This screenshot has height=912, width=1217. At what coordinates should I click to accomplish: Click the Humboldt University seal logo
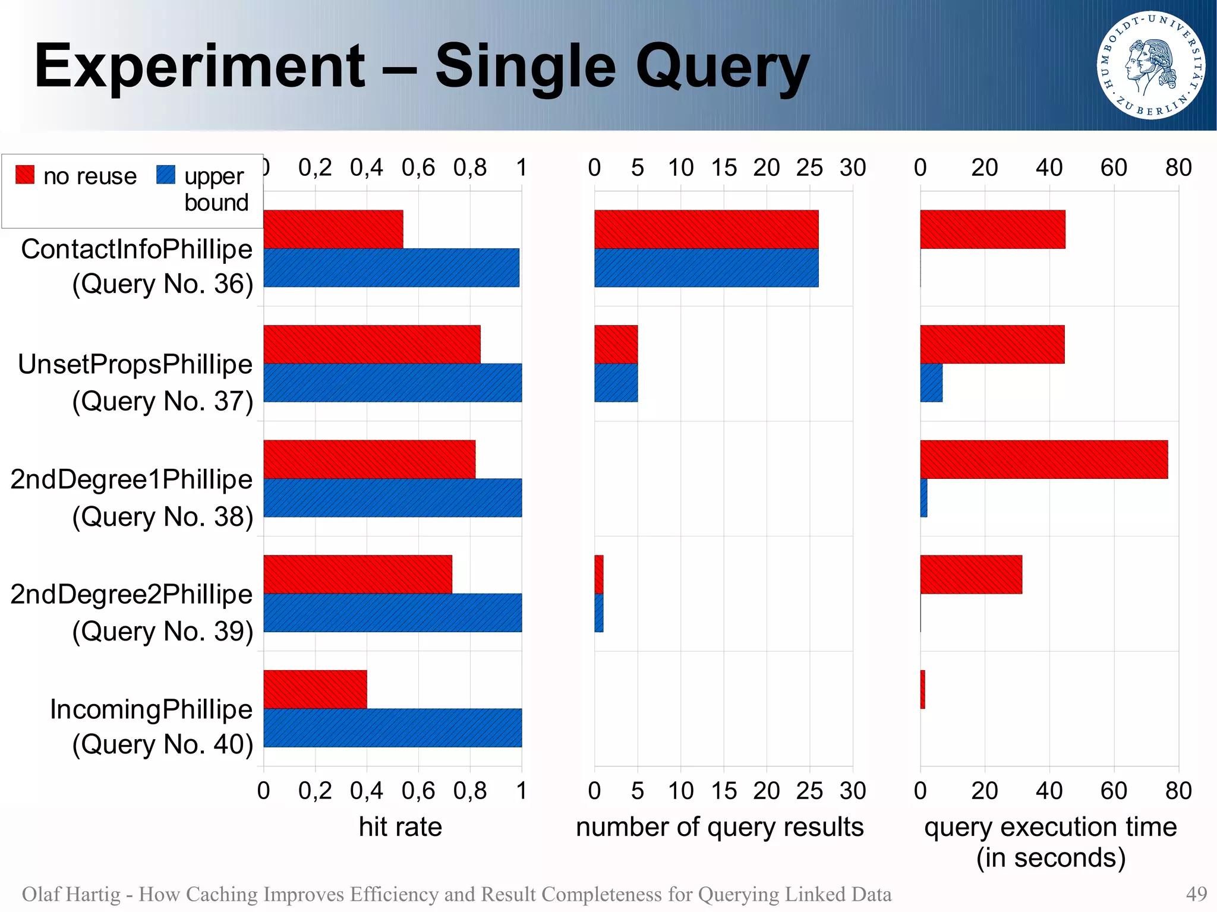pyautogui.click(x=1150, y=65)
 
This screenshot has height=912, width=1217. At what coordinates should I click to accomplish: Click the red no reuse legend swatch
pyautogui.click(x=25, y=175)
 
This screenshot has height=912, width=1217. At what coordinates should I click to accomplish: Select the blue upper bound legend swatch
pyautogui.click(x=166, y=175)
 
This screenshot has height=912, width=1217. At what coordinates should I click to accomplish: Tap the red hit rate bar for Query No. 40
pyautogui.click(x=315, y=689)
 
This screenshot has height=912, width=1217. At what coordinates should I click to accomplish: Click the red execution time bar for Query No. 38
pyautogui.click(x=1043, y=459)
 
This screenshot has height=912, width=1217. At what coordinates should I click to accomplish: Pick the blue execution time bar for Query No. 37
pyautogui.click(x=931, y=383)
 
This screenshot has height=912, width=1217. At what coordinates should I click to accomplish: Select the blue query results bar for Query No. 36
pyautogui.click(x=706, y=267)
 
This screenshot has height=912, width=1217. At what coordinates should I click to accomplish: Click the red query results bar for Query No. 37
pyautogui.click(x=616, y=344)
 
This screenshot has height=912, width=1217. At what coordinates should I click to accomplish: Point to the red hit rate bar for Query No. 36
pyautogui.click(x=333, y=229)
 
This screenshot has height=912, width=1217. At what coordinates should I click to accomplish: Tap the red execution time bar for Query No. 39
pyautogui.click(x=971, y=574)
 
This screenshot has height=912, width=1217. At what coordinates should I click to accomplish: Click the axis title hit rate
pyautogui.click(x=400, y=827)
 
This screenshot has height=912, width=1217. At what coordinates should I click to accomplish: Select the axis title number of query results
pyautogui.click(x=719, y=827)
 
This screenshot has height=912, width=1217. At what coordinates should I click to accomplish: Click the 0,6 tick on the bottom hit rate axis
pyautogui.click(x=418, y=791)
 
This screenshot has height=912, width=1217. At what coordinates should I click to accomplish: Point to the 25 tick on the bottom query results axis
pyautogui.click(x=809, y=791)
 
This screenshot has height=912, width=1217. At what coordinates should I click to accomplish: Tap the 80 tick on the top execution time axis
pyautogui.click(x=1178, y=168)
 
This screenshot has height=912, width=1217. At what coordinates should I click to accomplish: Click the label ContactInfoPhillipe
pyautogui.click(x=137, y=249)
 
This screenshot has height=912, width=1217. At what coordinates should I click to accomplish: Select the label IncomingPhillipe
pyautogui.click(x=151, y=709)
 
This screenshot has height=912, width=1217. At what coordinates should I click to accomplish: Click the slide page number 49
pyautogui.click(x=1196, y=894)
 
